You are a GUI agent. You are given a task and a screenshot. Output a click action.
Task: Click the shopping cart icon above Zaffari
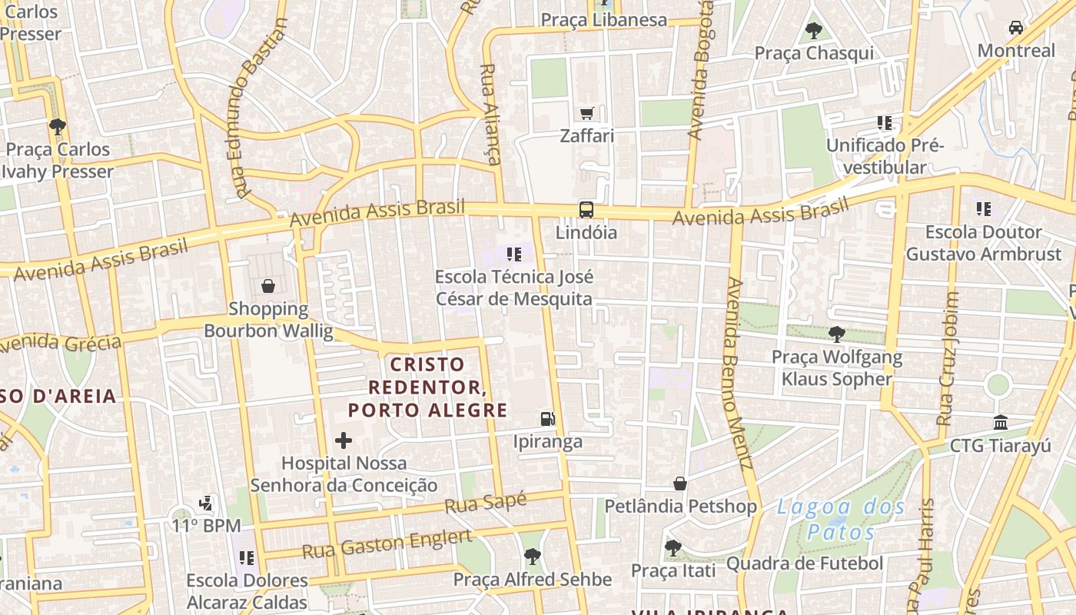(587, 114)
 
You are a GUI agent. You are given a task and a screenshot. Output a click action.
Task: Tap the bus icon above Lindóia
(586, 209)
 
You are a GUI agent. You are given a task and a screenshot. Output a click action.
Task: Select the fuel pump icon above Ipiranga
(548, 419)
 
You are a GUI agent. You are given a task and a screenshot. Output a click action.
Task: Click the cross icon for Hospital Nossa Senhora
(344, 440)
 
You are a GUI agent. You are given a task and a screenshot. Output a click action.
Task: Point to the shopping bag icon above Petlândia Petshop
(680, 484)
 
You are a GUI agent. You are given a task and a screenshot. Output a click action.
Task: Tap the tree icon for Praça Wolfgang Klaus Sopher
(836, 334)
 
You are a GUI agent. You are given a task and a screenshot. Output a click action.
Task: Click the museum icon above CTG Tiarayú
(1001, 422)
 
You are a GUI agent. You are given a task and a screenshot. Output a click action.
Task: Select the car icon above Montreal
(1016, 28)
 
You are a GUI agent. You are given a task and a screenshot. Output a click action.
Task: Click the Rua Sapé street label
(486, 504)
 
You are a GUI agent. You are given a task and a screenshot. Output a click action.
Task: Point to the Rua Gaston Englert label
(387, 544)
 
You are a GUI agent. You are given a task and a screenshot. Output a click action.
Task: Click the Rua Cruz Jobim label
(948, 358)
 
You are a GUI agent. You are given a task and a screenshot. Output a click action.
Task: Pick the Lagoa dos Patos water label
(841, 519)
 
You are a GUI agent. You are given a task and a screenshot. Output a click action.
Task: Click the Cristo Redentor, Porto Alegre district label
(427, 387)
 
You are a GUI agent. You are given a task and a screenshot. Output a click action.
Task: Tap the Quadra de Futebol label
(804, 563)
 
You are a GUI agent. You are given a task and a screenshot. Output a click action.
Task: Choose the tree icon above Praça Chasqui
(814, 31)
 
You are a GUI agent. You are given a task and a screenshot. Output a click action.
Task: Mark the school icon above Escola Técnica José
(514, 254)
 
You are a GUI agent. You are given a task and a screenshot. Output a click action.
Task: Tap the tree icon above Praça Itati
(672, 548)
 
